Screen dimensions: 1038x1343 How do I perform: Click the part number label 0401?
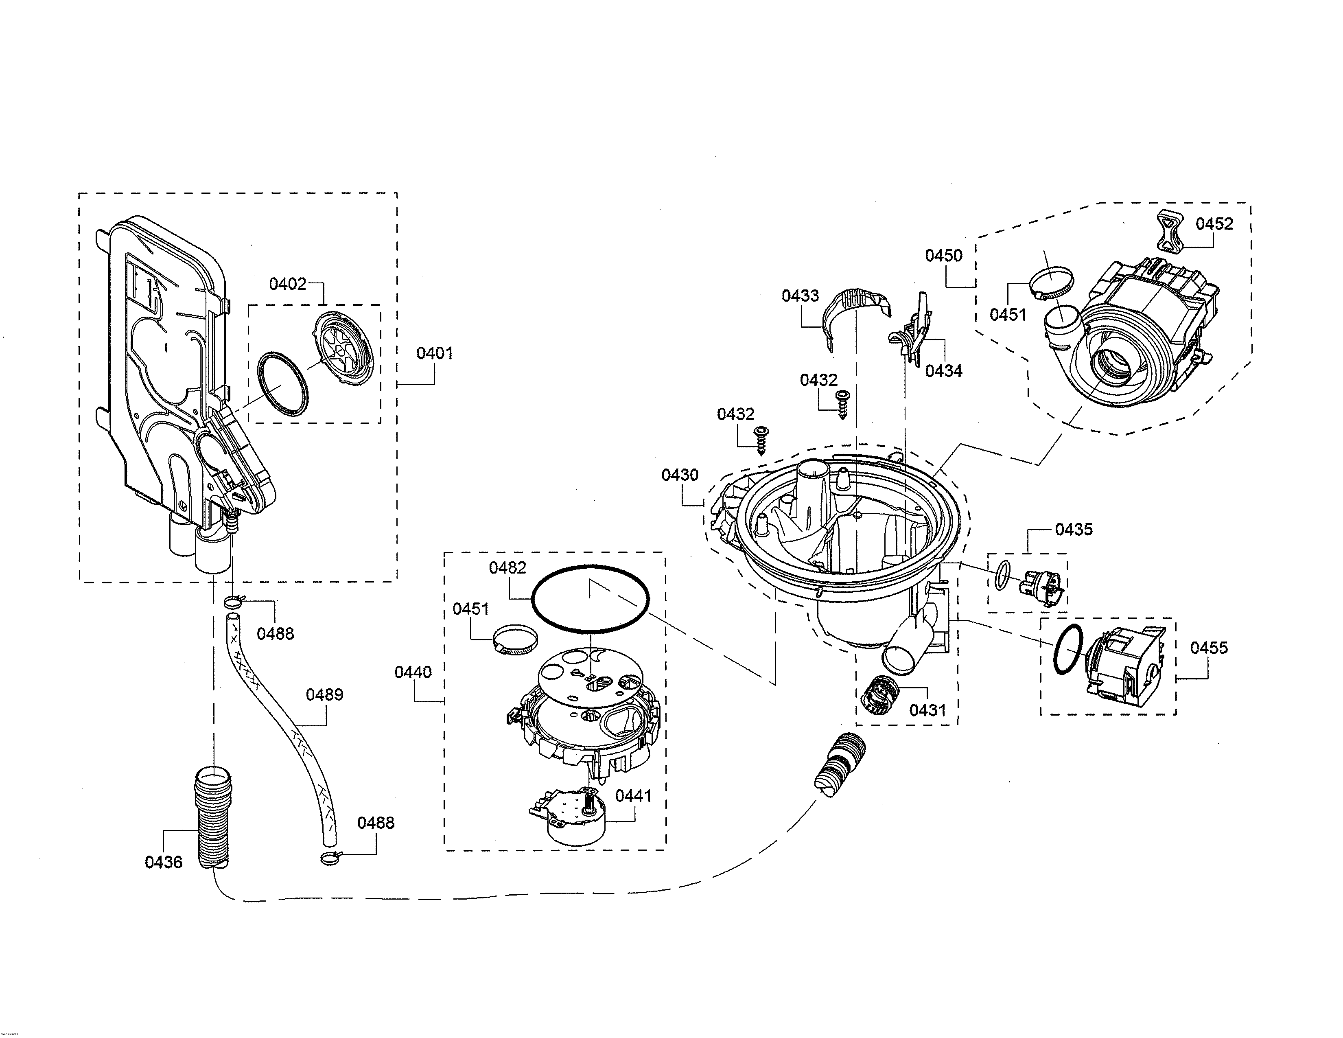[434, 353]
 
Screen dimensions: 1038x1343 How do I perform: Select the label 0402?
[287, 284]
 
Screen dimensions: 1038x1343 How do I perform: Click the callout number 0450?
[943, 255]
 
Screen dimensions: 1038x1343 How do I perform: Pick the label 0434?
[943, 371]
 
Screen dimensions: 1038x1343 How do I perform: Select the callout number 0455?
[1208, 648]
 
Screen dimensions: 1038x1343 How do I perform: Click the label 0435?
[1074, 530]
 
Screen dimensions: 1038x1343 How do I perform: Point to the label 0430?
[680, 475]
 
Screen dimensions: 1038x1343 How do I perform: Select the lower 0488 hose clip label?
[375, 823]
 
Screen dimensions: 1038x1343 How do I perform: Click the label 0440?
[413, 672]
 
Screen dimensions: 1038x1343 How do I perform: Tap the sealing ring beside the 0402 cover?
[282, 384]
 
